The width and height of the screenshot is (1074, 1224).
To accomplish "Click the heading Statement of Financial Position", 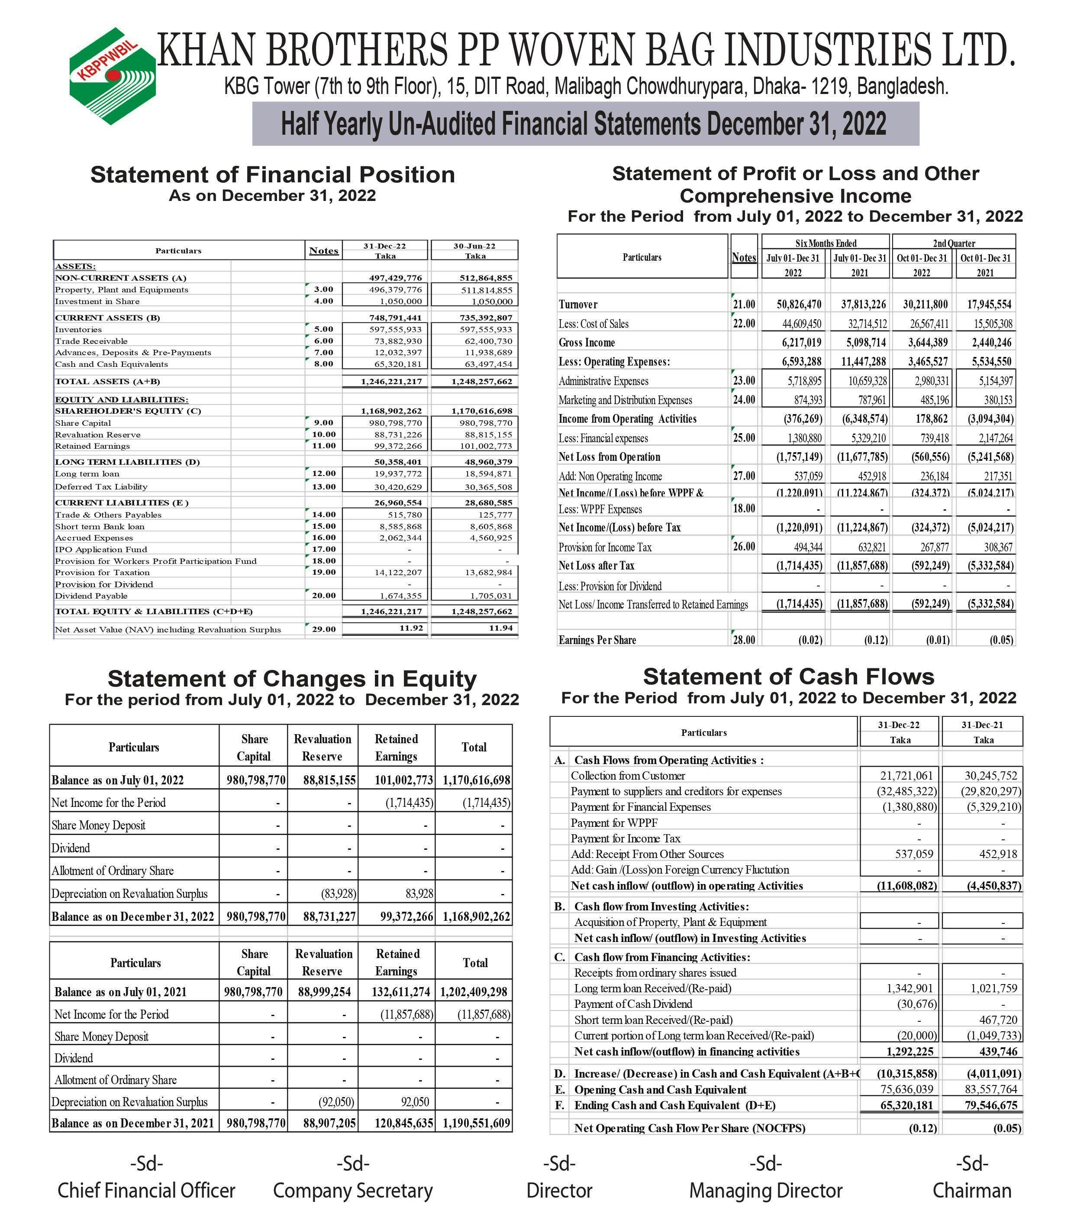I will point(272,175).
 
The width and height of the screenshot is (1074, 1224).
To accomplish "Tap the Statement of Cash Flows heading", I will point(788,677).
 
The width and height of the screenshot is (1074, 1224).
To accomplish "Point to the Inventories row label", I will point(78,329).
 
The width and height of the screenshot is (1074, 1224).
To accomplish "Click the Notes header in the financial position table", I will point(323,251).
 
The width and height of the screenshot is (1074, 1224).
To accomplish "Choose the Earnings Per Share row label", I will point(597,640).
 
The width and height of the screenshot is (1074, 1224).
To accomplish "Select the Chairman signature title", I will point(972,1191).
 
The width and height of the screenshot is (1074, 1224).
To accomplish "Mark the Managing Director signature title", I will point(766,1191).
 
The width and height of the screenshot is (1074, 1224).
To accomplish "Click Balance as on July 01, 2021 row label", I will point(120,992).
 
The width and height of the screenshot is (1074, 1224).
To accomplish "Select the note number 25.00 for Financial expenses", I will point(744,438).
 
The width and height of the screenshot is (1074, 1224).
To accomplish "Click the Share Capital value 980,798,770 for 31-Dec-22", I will point(395,423).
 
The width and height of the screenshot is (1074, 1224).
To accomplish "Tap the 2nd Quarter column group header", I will point(954,243).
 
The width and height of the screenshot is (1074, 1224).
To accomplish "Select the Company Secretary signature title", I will point(353,1191).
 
